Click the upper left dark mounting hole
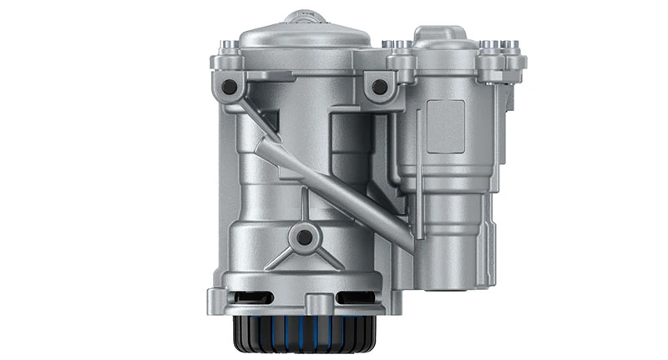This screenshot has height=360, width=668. coord(229,86)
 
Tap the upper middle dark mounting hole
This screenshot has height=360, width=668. coord(380,85)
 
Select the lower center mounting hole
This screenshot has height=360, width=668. coord(305,237)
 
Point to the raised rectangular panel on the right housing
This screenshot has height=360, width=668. coord(446,125)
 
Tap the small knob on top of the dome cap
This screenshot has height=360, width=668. coord(305,16)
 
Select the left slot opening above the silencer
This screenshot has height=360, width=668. coord(260,297)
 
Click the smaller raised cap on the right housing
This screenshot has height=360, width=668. coord(443,38)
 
